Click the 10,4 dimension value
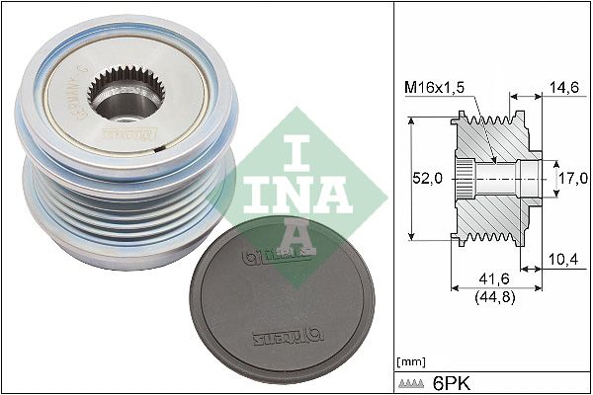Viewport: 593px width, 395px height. [561, 261]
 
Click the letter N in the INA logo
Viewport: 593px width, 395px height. [288, 188]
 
